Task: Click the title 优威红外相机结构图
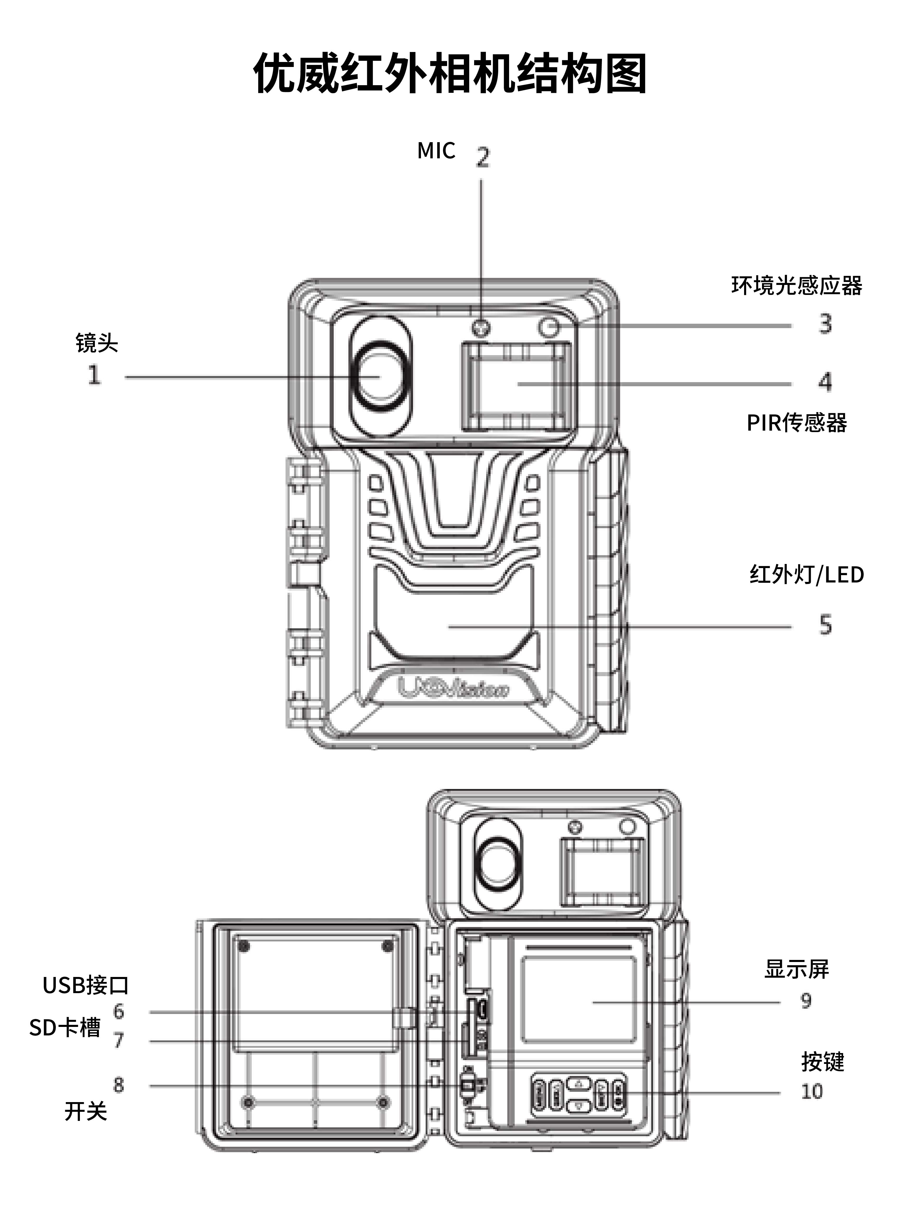click(x=450, y=74)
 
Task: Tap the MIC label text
click(x=436, y=150)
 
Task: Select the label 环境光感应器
click(x=796, y=286)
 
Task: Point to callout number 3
click(x=825, y=324)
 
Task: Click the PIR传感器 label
click(x=796, y=423)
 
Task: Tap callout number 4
click(x=825, y=382)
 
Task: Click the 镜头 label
click(x=97, y=343)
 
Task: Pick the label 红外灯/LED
click(x=806, y=574)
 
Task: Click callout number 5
click(x=825, y=625)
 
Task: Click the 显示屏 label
click(x=796, y=969)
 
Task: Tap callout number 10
click(x=812, y=1092)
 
